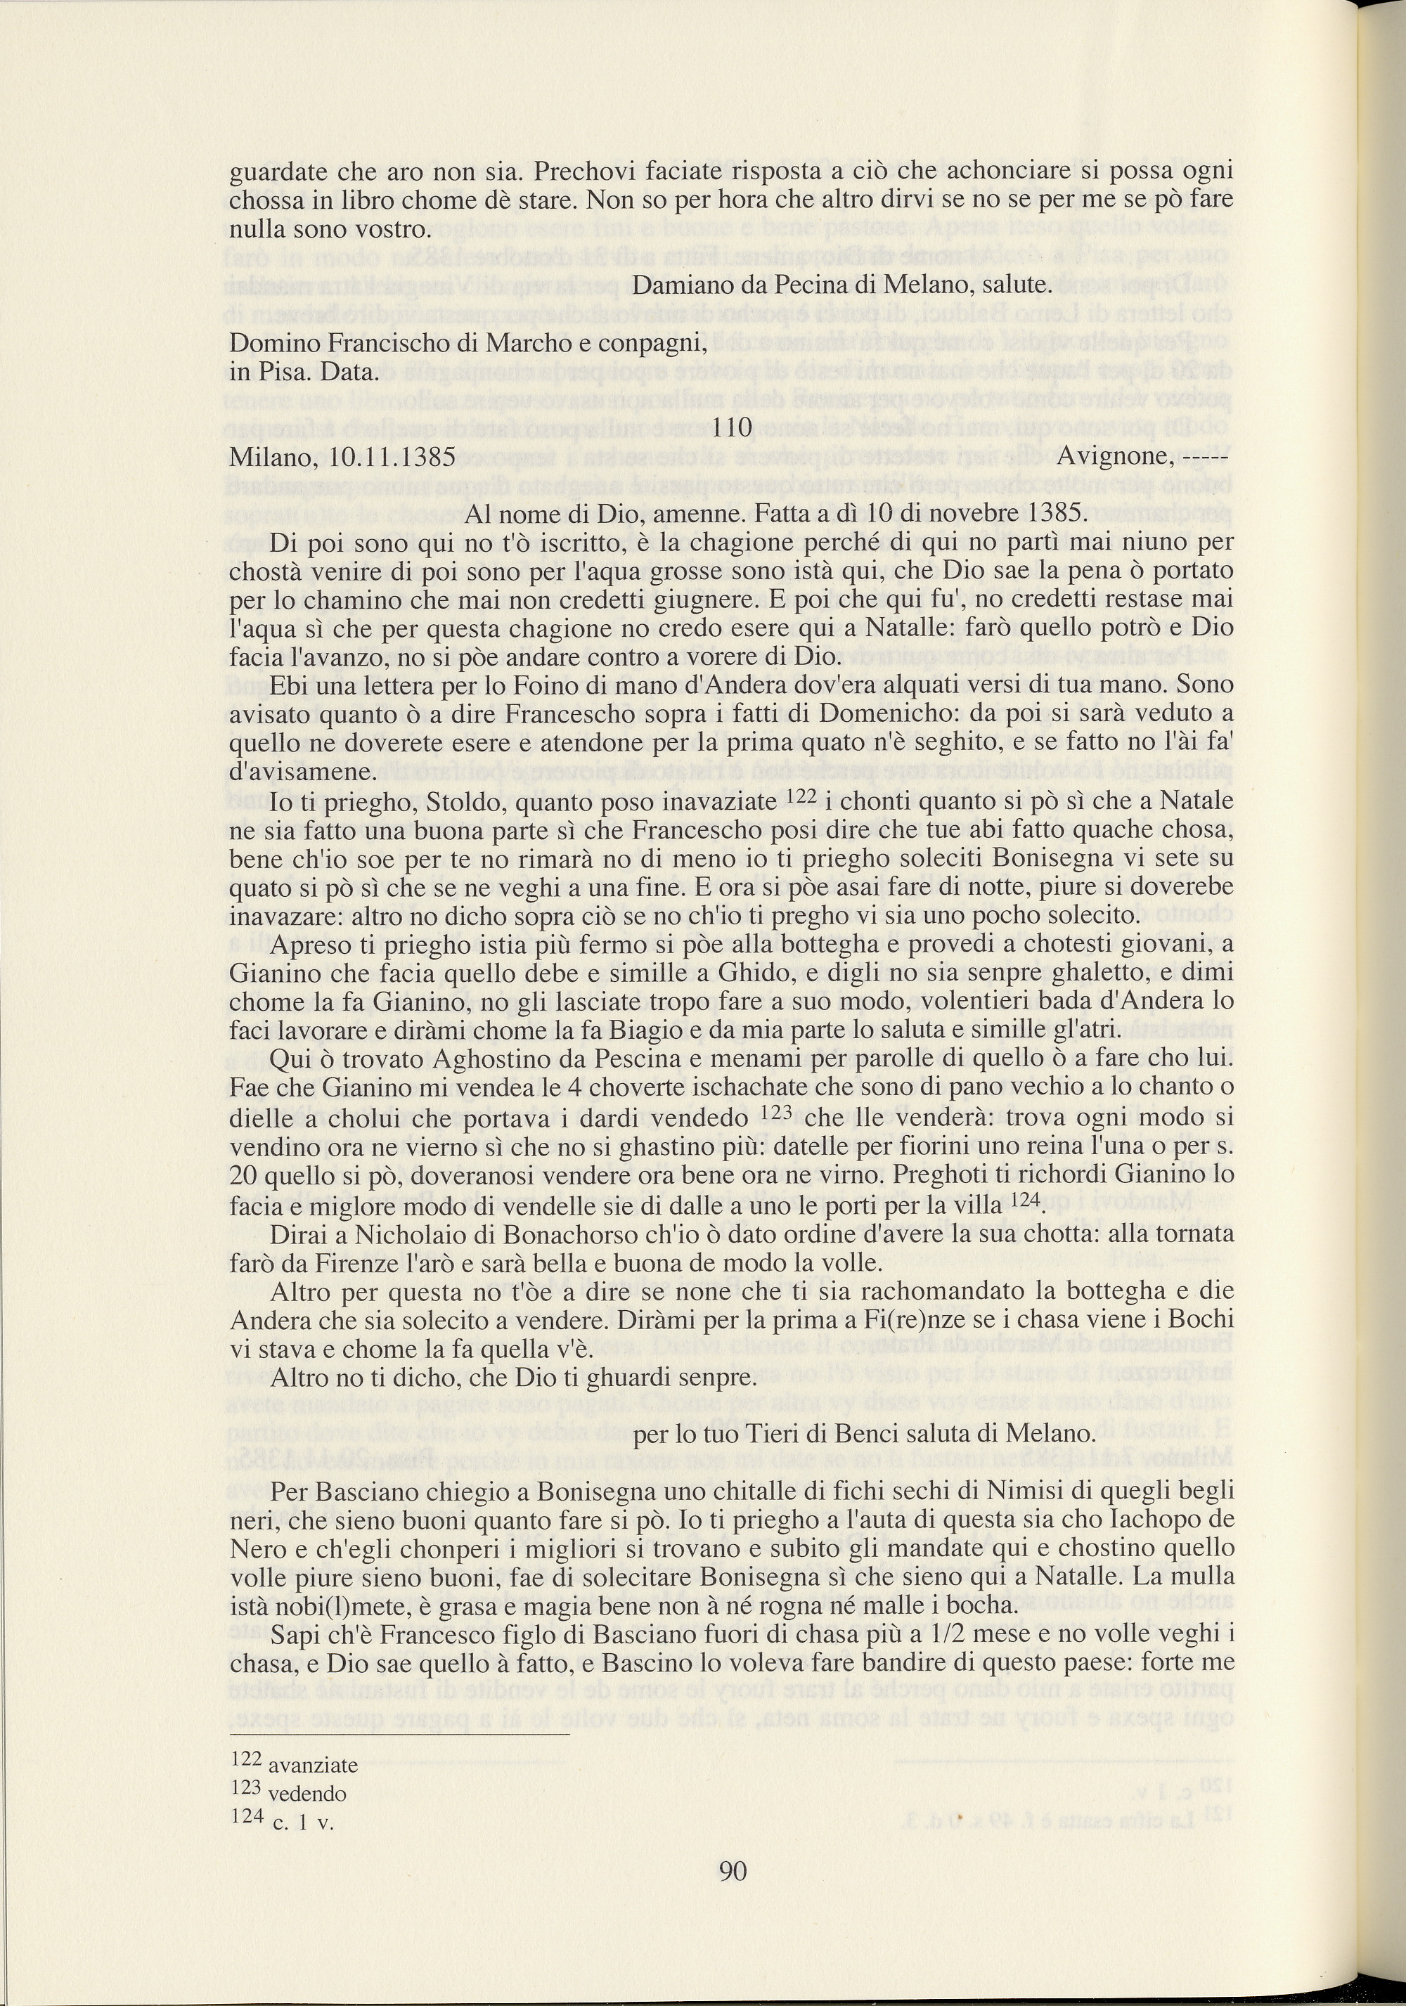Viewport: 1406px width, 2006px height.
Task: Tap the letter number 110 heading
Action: pyautogui.click(x=733, y=427)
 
